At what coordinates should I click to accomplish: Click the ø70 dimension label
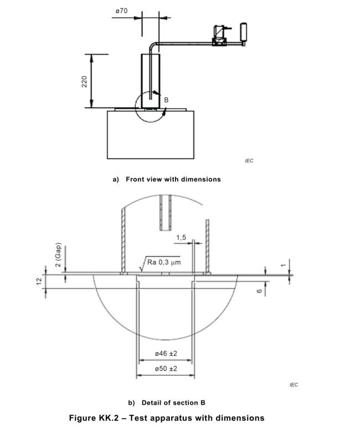121,11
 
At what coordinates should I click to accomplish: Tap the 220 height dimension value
84,82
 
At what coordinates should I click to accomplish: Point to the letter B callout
166,100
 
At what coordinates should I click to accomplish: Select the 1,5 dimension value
181,237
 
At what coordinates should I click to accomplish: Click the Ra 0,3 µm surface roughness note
164,262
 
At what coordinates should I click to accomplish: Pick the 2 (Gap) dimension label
58,255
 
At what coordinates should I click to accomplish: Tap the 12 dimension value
39,281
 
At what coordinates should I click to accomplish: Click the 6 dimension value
259,291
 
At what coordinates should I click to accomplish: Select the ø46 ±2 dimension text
166,353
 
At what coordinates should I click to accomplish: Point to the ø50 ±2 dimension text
166,368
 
